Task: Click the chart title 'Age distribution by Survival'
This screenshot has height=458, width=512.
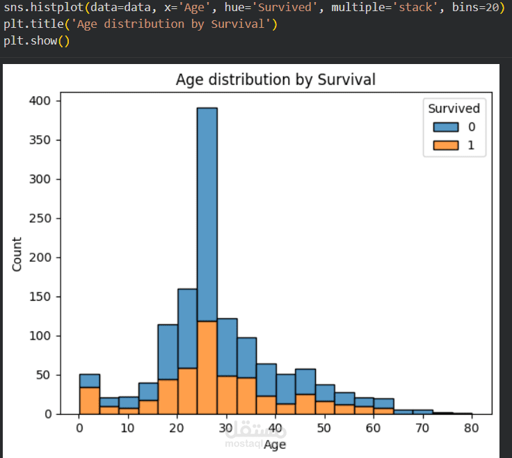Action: pos(275,79)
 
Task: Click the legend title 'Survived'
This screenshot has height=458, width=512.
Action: pos(454,109)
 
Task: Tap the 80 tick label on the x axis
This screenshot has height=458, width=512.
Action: pos(472,427)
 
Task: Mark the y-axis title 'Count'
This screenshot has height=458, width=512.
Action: pos(17,254)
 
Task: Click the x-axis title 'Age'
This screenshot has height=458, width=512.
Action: pos(275,443)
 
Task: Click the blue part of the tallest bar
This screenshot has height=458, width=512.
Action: pos(207,209)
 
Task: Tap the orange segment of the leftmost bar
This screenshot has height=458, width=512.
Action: pos(89,401)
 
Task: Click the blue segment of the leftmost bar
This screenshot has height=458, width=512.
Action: pos(89,380)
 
